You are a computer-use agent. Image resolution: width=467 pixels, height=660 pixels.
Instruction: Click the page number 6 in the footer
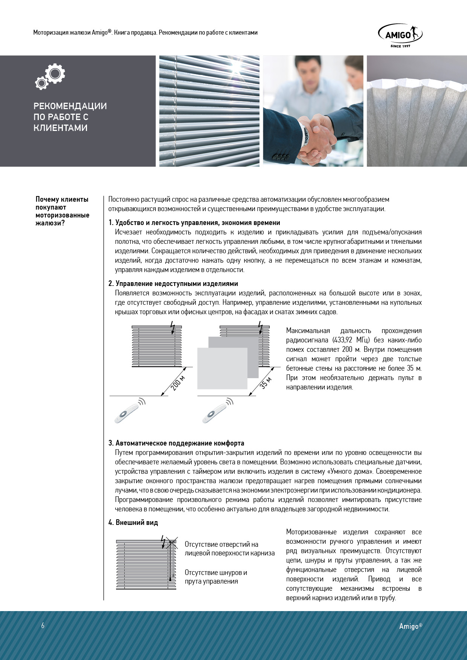coord(43,626)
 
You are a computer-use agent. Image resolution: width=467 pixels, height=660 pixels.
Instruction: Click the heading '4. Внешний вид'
coord(133,523)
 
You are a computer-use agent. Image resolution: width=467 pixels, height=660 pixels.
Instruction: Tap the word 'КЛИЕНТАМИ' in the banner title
coord(60,128)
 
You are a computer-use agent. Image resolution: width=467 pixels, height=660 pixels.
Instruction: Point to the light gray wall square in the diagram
coord(222,368)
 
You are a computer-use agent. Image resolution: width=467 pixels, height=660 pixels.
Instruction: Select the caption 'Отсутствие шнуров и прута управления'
coord(216,577)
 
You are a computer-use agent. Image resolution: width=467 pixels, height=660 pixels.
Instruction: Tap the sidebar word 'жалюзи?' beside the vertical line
coord(50,223)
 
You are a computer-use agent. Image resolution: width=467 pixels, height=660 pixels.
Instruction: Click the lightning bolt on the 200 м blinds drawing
coord(172,327)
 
